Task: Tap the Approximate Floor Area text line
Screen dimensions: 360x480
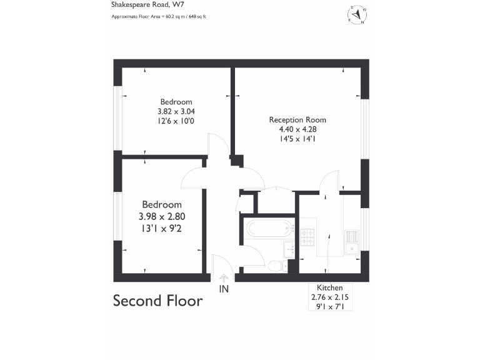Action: [159, 16]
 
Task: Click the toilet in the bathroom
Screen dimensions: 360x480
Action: [276, 266]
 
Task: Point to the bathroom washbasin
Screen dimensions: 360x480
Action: [290, 249]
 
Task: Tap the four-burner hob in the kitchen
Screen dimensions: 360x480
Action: [308, 237]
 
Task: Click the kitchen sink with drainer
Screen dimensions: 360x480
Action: [352, 242]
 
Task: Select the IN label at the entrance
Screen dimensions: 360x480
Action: [224, 289]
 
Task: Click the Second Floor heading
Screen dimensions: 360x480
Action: [157, 301]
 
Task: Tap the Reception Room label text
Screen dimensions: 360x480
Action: [297, 120]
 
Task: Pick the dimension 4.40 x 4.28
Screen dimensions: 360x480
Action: [297, 129]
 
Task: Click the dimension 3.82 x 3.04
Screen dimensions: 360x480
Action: [176, 111]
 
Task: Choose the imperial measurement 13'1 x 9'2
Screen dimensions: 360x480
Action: [162, 229]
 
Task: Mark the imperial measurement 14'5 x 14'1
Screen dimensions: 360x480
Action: [297, 139]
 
